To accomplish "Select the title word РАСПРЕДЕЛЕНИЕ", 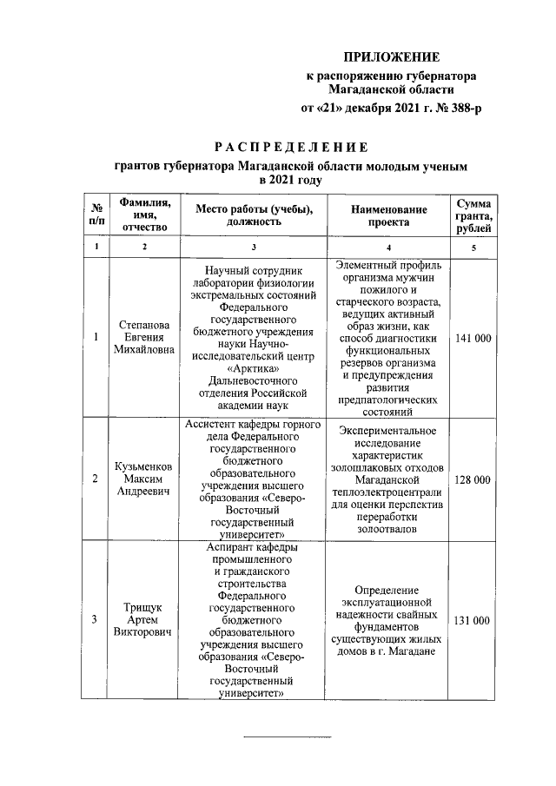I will pos(291,145).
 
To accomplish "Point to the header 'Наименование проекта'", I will pos(389,215).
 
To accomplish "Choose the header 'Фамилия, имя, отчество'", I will pos(145,215).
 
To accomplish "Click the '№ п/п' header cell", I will pos(96,215).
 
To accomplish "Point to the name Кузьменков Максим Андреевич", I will pos(145,479).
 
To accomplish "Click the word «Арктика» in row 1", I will pos(254,367).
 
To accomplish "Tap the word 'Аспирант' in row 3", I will pos(232,548).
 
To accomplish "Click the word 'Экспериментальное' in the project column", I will pos(389,430).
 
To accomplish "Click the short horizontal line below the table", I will pos(286,737).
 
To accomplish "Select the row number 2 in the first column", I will pos(96,479).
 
